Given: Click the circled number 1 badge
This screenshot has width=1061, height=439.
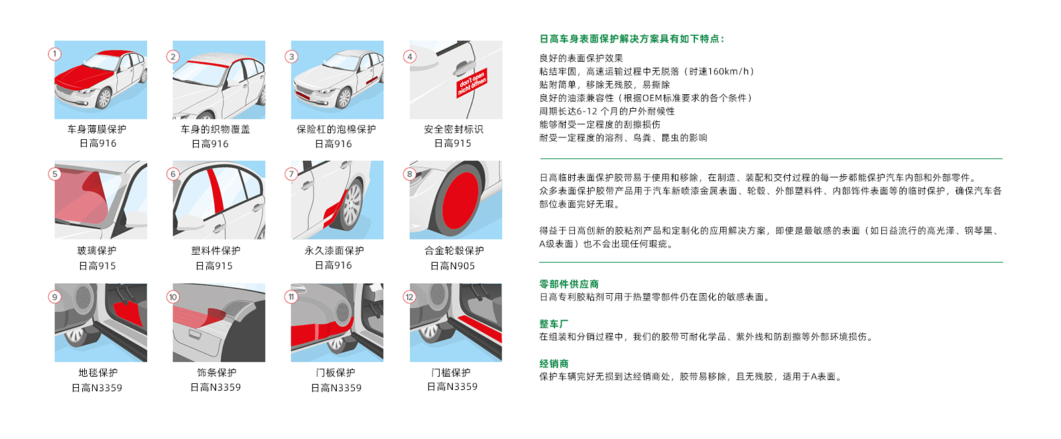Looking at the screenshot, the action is point(54,54).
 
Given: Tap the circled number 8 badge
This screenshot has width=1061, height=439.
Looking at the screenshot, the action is point(410,174).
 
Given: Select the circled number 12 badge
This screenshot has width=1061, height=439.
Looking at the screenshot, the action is point(409,297).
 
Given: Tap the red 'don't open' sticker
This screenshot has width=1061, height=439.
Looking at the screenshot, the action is point(471,83).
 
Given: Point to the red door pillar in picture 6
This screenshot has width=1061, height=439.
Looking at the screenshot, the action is point(216,190).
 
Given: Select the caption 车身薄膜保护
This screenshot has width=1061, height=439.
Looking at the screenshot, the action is point(97,129).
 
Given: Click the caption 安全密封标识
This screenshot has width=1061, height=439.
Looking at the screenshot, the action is point(454,129).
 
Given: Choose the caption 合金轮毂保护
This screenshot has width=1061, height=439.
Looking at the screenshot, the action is point(454,251).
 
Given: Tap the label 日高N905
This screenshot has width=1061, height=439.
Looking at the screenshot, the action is point(452,266).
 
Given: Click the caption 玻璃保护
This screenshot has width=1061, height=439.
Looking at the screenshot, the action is point(97,251).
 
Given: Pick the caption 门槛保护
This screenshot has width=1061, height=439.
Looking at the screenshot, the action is point(450,373).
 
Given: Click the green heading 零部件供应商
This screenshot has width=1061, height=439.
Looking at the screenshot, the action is point(569,284).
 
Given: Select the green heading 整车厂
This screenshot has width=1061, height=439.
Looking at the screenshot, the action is point(554,324).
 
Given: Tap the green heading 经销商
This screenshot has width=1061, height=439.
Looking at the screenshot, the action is point(554,363).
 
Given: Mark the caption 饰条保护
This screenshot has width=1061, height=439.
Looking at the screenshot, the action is point(216,373).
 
